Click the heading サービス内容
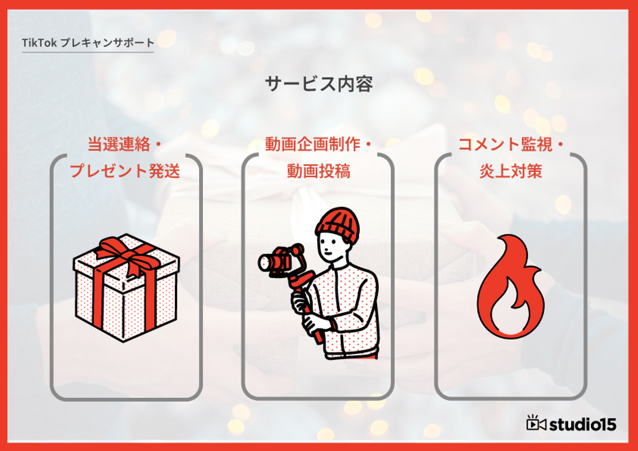(x=319, y=84)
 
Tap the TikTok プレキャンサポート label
(x=88, y=43)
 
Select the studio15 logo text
(x=583, y=425)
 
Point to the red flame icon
(x=510, y=287)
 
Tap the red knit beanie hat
(x=338, y=225)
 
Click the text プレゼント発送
(x=125, y=171)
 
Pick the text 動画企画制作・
(x=319, y=144)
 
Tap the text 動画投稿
(x=319, y=171)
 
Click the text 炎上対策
(x=511, y=171)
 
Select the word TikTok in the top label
(x=39, y=43)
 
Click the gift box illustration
(x=126, y=288)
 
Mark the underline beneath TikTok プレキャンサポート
(x=88, y=52)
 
